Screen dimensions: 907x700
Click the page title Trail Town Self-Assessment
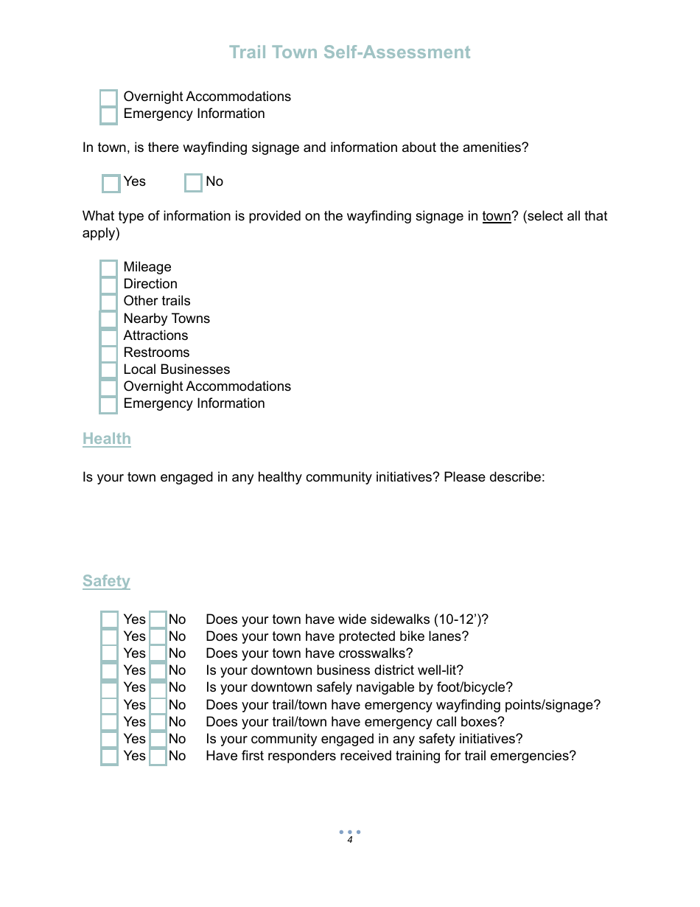pyautogui.click(x=349, y=52)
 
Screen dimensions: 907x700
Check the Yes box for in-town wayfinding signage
pyautogui.click(x=111, y=183)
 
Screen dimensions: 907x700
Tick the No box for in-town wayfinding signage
pyautogui.click(x=193, y=182)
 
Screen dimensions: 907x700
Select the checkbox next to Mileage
pyautogui.click(x=108, y=268)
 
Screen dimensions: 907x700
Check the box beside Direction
pyautogui.click(x=108, y=285)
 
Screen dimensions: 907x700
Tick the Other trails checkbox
pyautogui.click(x=108, y=302)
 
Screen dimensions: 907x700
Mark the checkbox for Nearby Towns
pyautogui.click(x=108, y=319)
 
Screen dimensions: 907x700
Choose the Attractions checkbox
pyautogui.click(x=108, y=336)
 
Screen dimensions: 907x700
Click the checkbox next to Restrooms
pyautogui.click(x=108, y=353)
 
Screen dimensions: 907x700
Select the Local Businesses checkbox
pyautogui.click(x=108, y=370)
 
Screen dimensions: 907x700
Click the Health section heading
pyautogui.click(x=107, y=439)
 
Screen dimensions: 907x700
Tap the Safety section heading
pyautogui.click(x=106, y=581)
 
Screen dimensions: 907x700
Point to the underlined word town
pyautogui.click(x=496, y=216)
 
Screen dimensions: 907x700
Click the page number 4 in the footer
pyautogui.click(x=350, y=840)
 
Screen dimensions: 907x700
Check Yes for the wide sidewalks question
pyautogui.click(x=109, y=620)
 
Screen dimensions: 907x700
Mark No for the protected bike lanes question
pyautogui.click(x=158, y=637)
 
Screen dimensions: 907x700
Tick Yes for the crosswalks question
pyautogui.click(x=109, y=654)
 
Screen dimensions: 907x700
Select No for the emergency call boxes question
pyautogui.click(x=158, y=723)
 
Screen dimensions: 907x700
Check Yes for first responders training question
pyautogui.click(x=109, y=757)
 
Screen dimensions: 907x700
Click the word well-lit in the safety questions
pyautogui.click(x=438, y=670)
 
